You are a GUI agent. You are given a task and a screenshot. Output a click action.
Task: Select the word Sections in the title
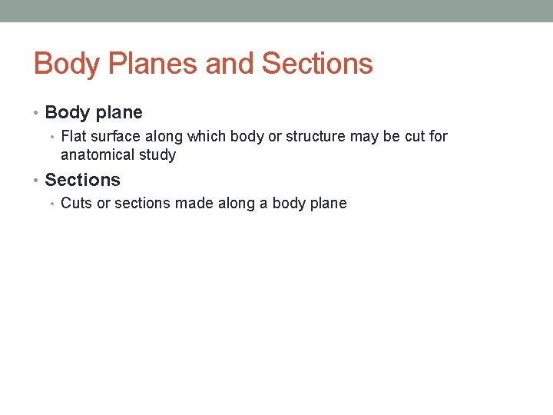click(317, 63)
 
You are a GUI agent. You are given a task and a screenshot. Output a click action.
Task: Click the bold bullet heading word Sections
click(82, 180)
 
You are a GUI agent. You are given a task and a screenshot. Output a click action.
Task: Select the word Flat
click(74, 136)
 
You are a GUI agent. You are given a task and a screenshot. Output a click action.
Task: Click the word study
click(157, 154)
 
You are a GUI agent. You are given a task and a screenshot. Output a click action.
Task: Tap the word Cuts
click(76, 203)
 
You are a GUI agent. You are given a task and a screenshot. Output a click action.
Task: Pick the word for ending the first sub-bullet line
click(438, 136)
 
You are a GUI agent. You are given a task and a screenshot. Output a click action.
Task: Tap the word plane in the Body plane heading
click(118, 113)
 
